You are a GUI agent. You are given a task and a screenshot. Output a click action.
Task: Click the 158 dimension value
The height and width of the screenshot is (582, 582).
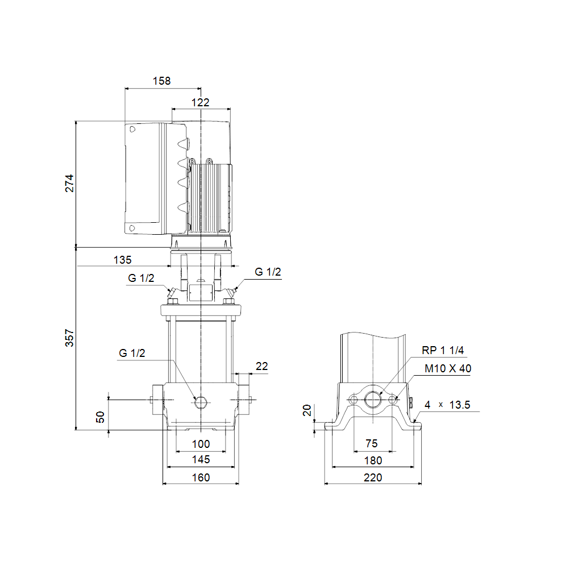(x=162, y=81)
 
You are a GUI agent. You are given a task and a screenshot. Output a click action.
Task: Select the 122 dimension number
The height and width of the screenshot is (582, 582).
(x=201, y=102)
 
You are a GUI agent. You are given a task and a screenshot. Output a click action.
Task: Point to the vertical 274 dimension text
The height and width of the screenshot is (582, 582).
(x=69, y=184)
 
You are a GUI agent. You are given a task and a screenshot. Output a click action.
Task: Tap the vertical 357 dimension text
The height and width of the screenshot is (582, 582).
(x=69, y=338)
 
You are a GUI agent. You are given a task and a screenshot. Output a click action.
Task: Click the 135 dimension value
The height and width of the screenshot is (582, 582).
(x=123, y=260)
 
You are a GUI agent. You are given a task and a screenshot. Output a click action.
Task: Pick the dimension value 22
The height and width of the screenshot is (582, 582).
(x=261, y=367)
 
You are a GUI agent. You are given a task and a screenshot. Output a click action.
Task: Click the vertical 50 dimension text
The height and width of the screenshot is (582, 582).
(x=100, y=417)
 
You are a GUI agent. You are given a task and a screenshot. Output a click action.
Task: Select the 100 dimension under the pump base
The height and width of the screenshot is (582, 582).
(x=201, y=444)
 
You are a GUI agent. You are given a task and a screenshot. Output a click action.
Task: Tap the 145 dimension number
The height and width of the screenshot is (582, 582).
(x=201, y=459)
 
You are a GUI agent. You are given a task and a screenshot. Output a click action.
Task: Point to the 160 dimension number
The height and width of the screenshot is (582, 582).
(x=201, y=477)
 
